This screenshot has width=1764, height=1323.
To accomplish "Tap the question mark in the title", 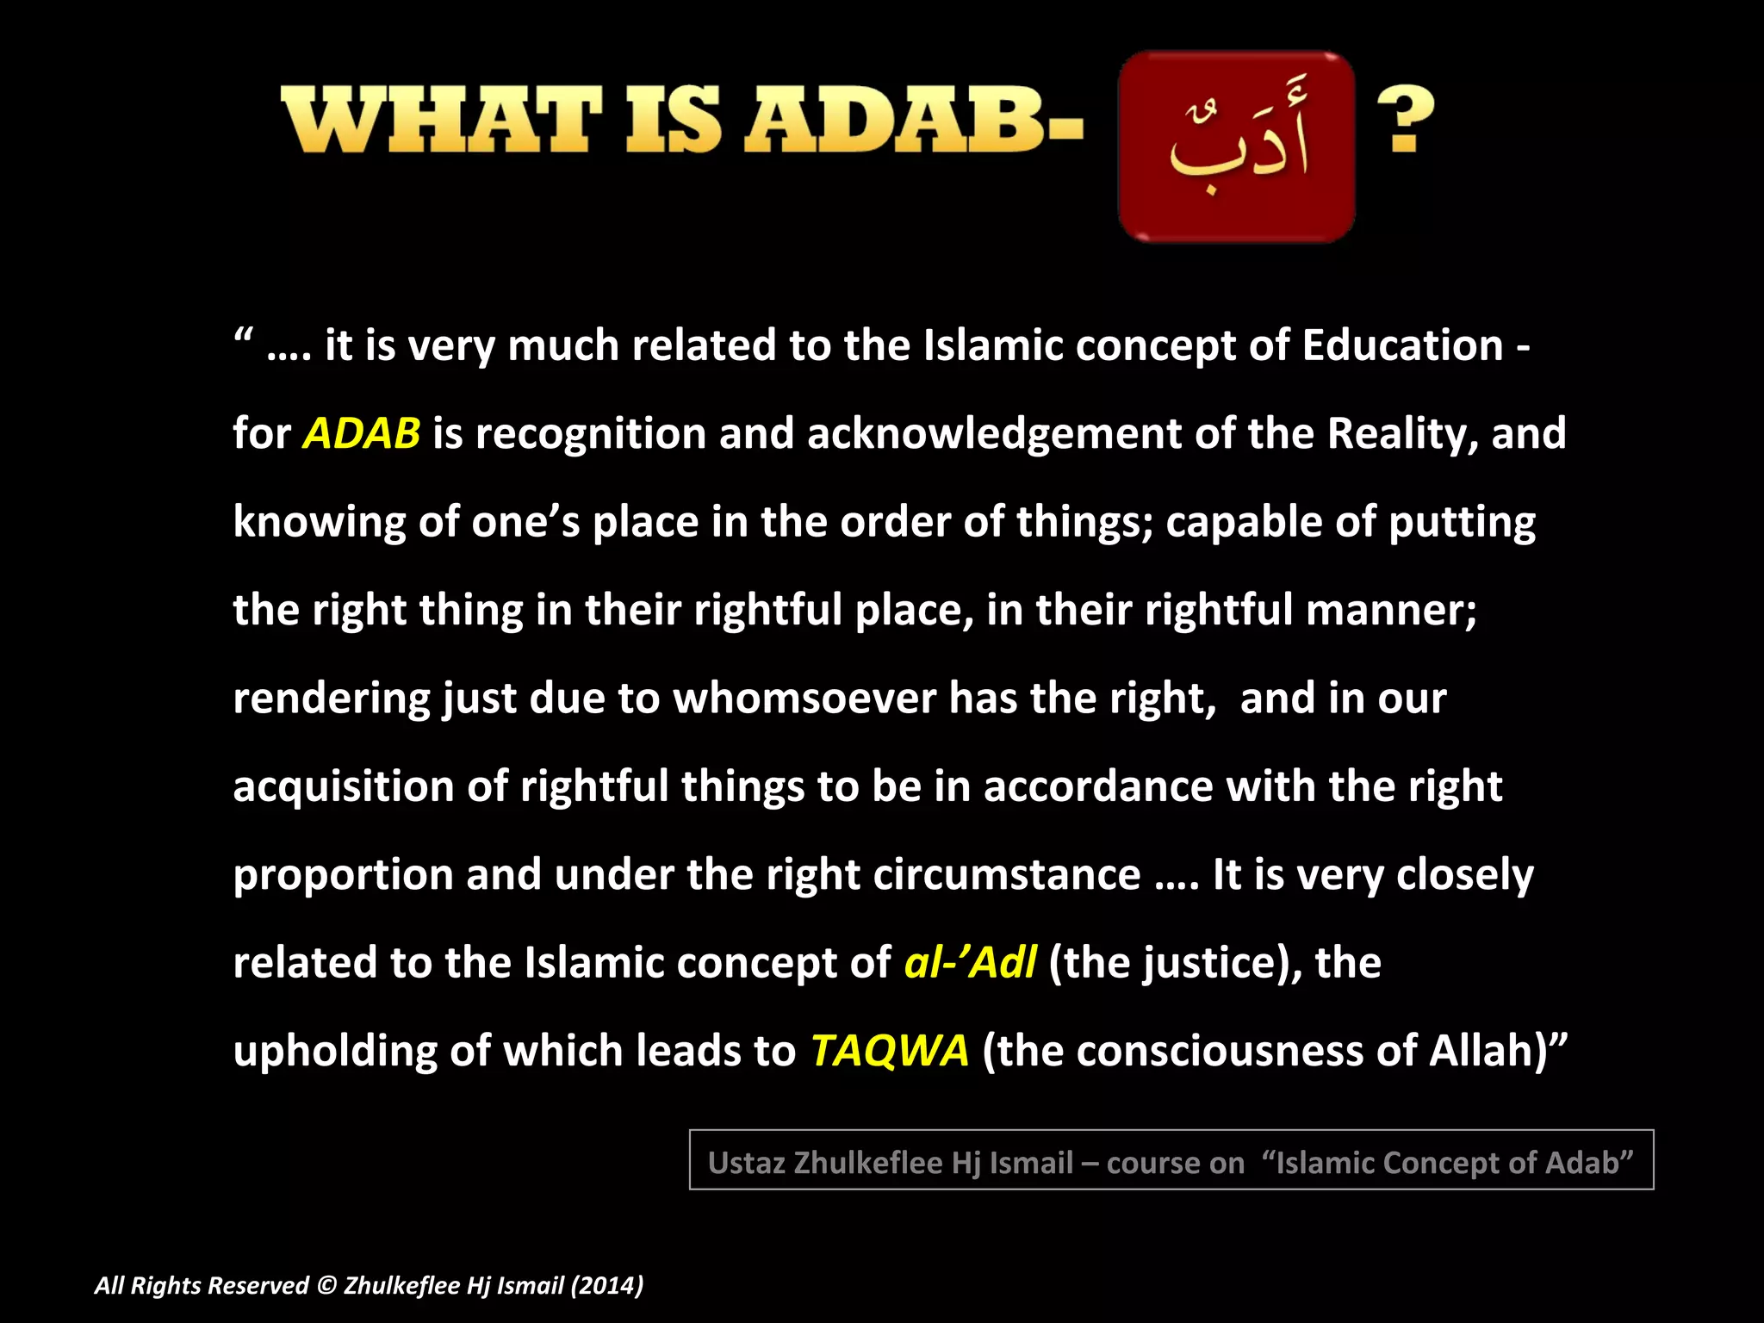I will click(x=1405, y=120).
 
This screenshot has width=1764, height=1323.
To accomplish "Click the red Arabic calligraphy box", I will click(x=1236, y=146).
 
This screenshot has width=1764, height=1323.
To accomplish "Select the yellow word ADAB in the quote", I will click(x=362, y=433).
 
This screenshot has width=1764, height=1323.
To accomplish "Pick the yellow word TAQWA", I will click(x=890, y=1051).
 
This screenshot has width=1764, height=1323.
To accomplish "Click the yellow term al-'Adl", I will click(x=970, y=962).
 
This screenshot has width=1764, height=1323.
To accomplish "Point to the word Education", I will click(x=1402, y=345).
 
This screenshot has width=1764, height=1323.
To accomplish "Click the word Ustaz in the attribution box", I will click(x=745, y=1163).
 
